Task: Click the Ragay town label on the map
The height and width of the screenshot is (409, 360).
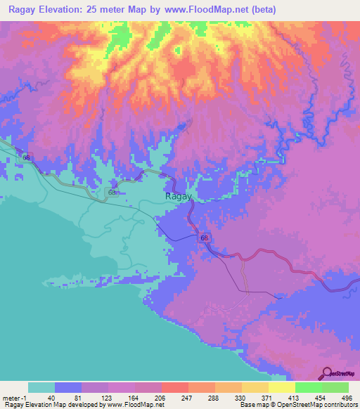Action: [178, 197]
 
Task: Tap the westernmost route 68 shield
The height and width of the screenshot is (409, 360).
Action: [27, 157]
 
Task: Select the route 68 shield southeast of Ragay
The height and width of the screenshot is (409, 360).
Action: [205, 239]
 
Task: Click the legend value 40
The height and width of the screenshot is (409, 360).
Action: [50, 397]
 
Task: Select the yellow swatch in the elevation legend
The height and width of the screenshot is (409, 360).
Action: [255, 387]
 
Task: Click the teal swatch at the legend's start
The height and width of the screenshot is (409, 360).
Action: [41, 387]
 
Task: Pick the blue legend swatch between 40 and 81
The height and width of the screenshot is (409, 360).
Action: [68, 387]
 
